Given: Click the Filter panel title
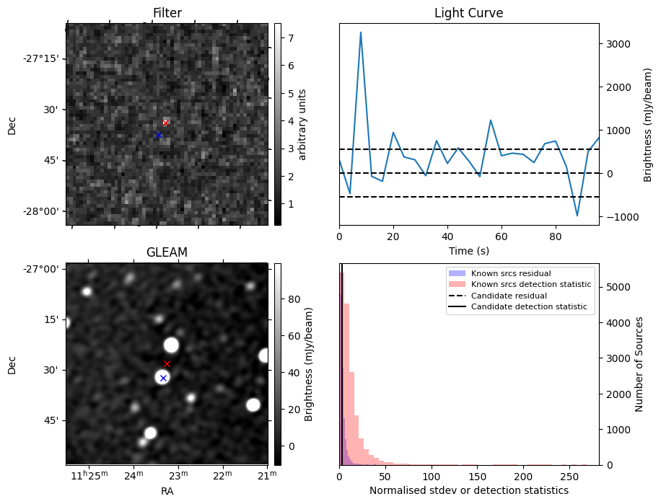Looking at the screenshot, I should tap(167, 13).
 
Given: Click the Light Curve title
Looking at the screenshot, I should tap(468, 13).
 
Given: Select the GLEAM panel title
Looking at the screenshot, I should tap(167, 252).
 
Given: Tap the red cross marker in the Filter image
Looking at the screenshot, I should tap(165, 123).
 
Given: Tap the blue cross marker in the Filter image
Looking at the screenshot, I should tap(159, 135).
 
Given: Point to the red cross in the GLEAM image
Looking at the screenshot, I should tap(167, 363).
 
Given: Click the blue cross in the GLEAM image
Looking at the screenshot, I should tap(163, 378).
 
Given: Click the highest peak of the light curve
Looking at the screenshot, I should tap(361, 32).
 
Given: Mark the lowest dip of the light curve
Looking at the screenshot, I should tap(577, 216).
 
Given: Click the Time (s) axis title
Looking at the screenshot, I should tap(468, 249).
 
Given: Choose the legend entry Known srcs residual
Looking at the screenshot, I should tap(511, 273).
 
